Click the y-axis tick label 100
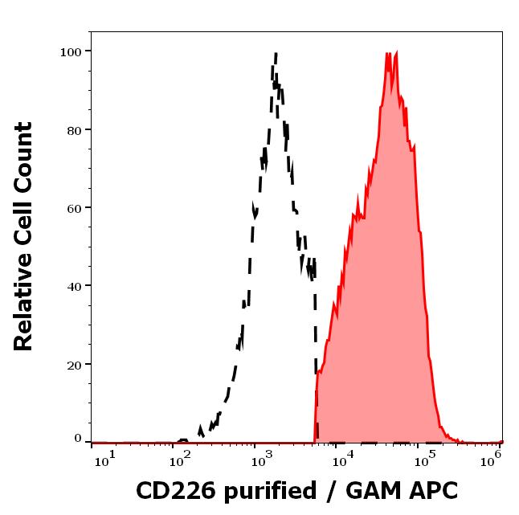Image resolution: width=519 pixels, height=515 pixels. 71,51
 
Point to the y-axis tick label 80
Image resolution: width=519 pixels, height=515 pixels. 74,129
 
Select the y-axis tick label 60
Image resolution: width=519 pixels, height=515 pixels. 74,208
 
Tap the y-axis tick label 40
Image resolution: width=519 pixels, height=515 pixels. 74,286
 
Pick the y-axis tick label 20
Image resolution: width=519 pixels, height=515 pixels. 74,364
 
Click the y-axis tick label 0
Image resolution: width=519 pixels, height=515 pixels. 78,439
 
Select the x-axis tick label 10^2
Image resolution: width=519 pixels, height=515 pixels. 181,458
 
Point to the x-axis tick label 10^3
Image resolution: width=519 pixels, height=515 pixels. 263,458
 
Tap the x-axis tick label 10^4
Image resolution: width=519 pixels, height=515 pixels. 344,458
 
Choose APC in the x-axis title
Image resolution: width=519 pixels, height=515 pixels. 433,490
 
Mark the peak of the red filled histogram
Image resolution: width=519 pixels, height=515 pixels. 389,54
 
